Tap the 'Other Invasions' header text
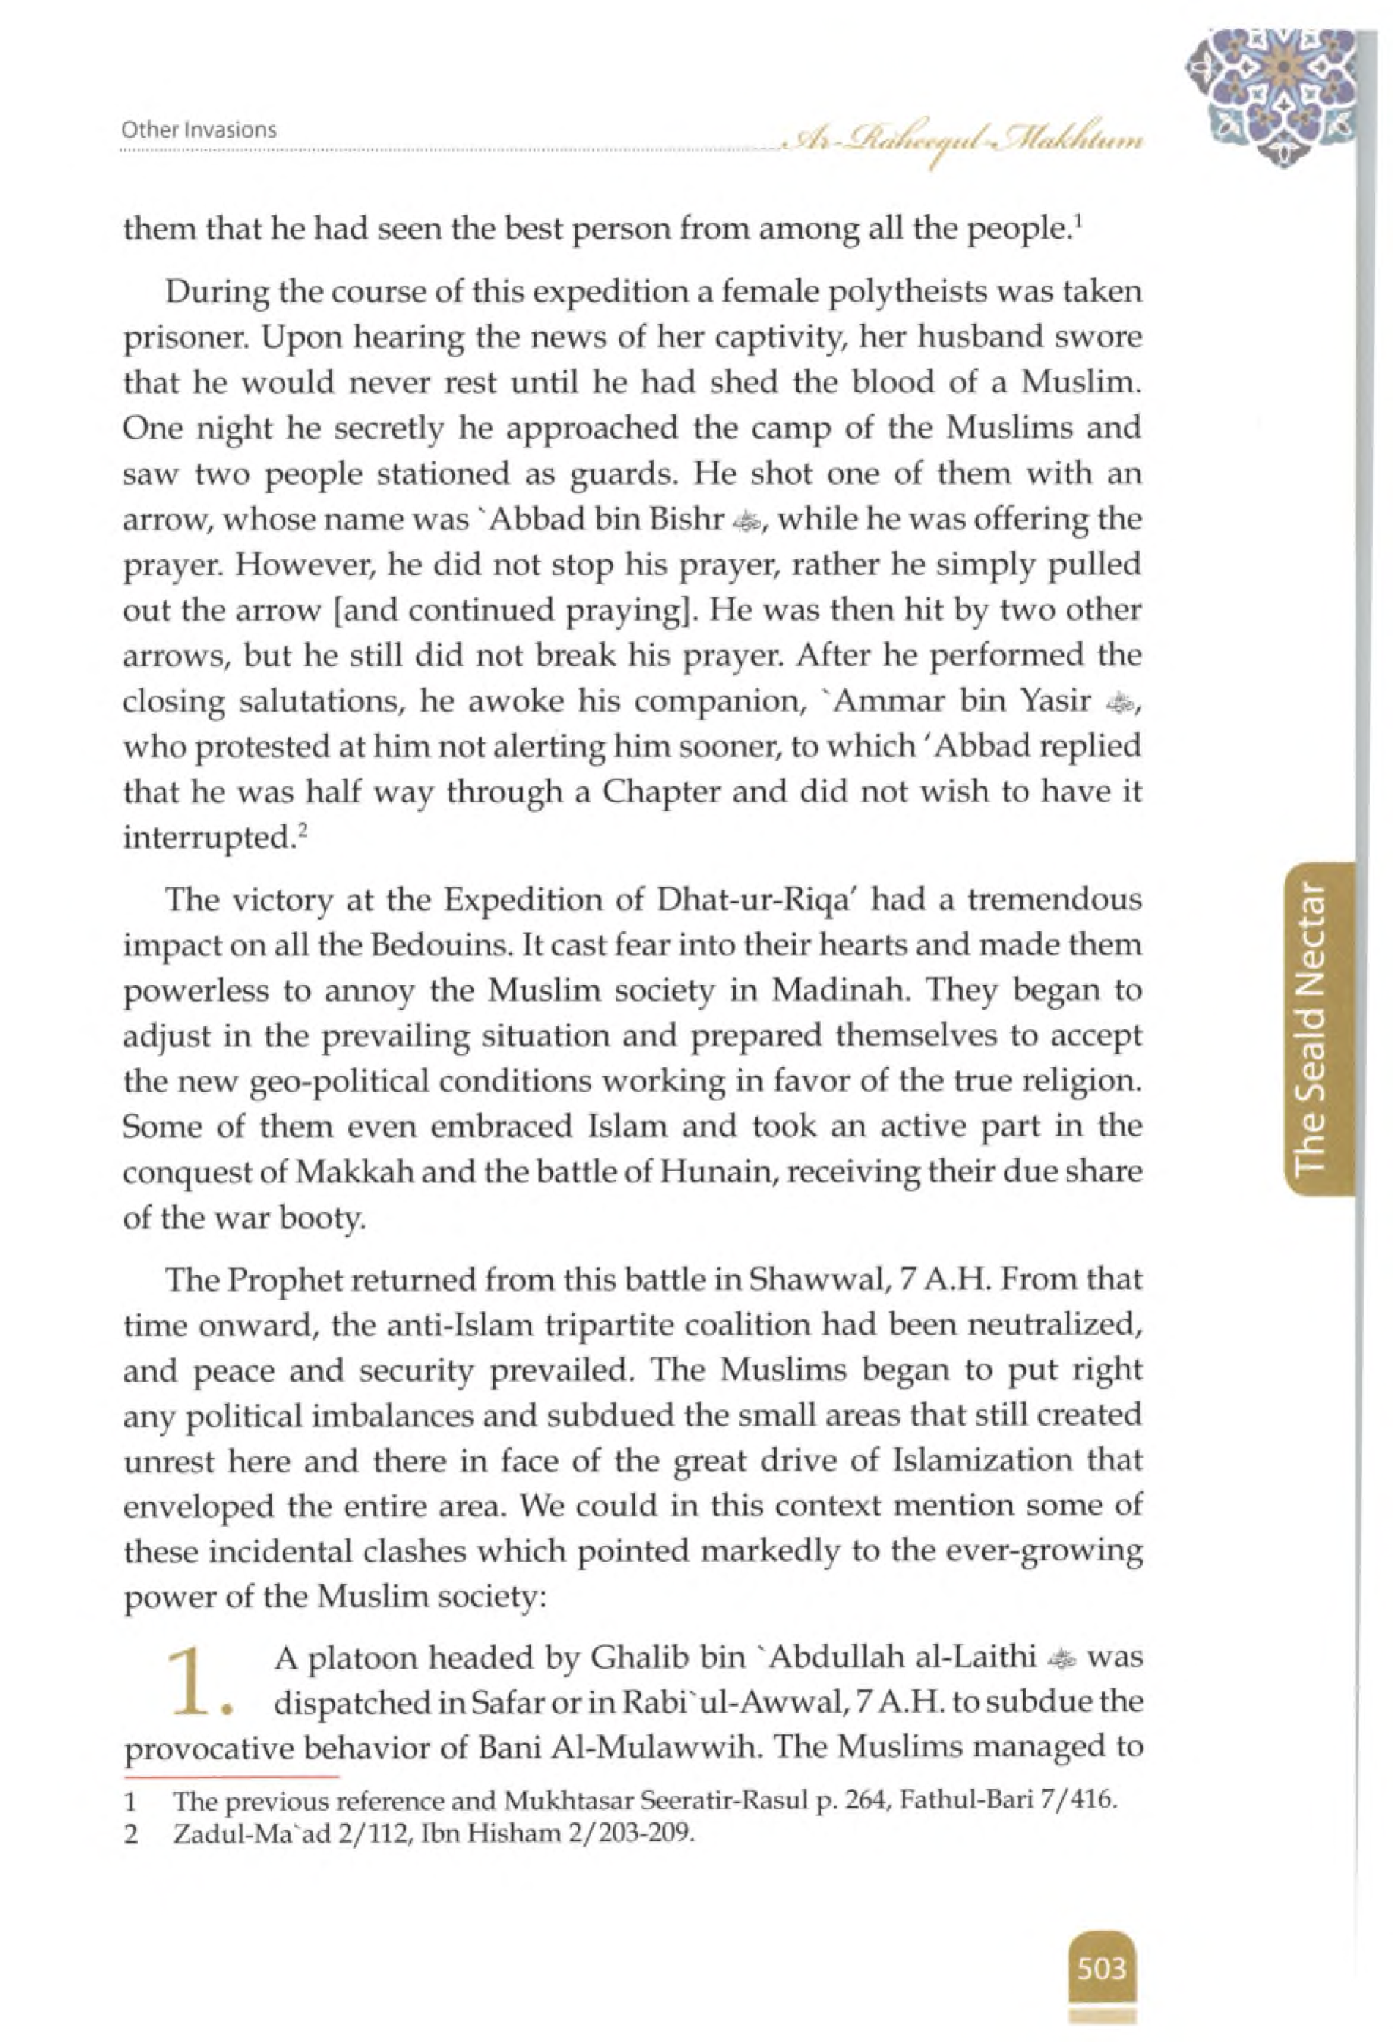coord(199,130)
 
